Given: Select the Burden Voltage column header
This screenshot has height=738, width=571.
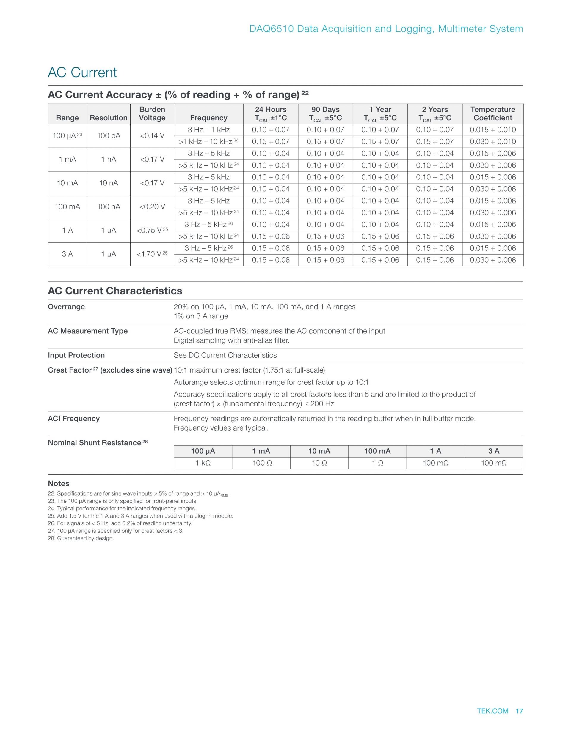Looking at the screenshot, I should coord(152,113).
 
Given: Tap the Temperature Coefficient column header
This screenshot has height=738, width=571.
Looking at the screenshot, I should coord(492,113).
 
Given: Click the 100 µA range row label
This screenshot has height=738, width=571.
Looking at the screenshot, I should coord(67,136).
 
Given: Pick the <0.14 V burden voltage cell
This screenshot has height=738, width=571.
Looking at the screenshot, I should coord(152,136).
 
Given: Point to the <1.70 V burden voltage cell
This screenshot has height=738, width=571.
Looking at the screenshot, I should coord(152,254).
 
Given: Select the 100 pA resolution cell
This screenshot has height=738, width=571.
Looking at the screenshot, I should coord(108,136).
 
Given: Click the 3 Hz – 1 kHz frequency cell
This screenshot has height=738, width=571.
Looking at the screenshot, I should coord(208,130).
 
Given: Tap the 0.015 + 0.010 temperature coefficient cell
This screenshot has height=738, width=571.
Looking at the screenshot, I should coord(492,130).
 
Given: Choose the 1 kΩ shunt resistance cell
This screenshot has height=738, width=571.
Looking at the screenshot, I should coord(203,463).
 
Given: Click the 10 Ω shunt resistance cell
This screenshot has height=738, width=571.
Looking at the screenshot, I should coord(319,463).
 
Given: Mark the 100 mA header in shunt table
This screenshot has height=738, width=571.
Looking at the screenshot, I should coord(377,451).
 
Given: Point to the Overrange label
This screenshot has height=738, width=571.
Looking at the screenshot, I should coord(66,307).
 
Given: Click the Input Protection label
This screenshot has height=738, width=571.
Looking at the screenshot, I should coord(76,355).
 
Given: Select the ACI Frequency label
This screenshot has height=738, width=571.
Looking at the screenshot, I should coord(74,419).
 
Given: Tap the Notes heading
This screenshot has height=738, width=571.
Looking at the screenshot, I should coord(59,484).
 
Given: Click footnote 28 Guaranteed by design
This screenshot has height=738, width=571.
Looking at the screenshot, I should coord(81,538).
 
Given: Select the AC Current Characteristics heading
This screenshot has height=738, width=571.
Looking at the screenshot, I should coord(115,291).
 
